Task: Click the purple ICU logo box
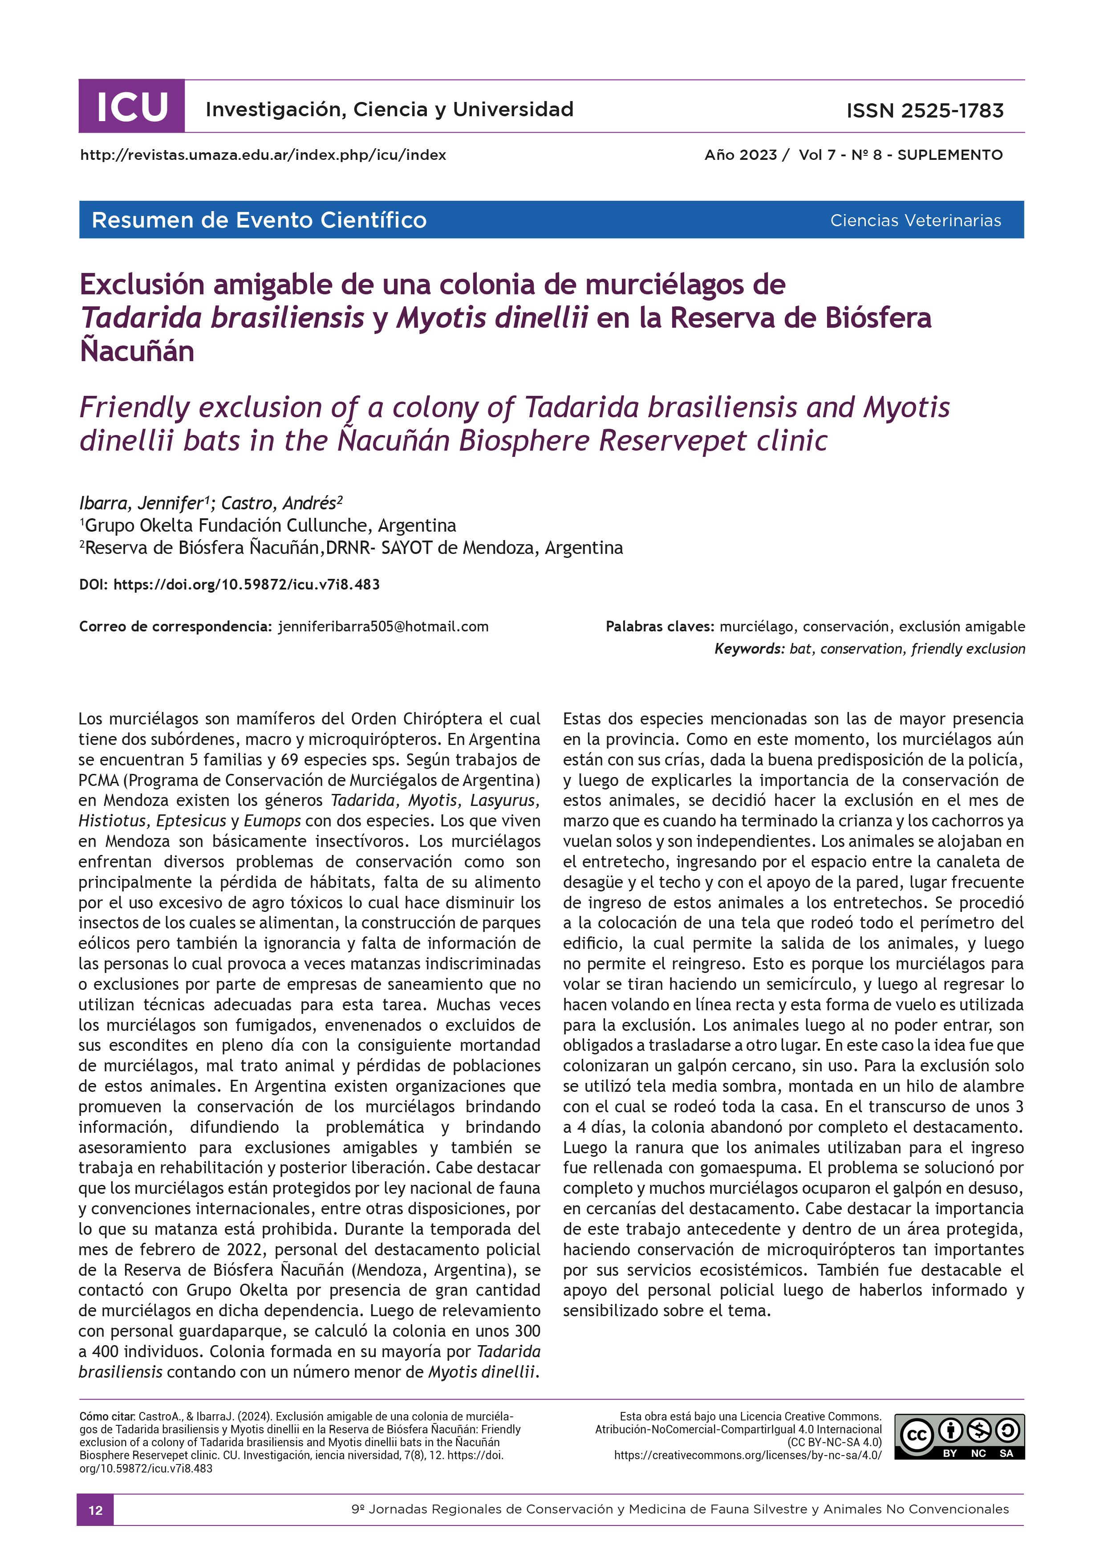coord(131,107)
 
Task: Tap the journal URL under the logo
coord(263,155)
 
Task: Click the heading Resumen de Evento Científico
coord(259,220)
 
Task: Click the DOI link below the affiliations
coord(246,584)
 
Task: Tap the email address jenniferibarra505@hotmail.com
coord(383,626)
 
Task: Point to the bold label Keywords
coord(749,649)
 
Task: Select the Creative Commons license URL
coord(747,1455)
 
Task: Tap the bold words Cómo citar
coord(107,1416)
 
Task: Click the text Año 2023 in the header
coord(740,155)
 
